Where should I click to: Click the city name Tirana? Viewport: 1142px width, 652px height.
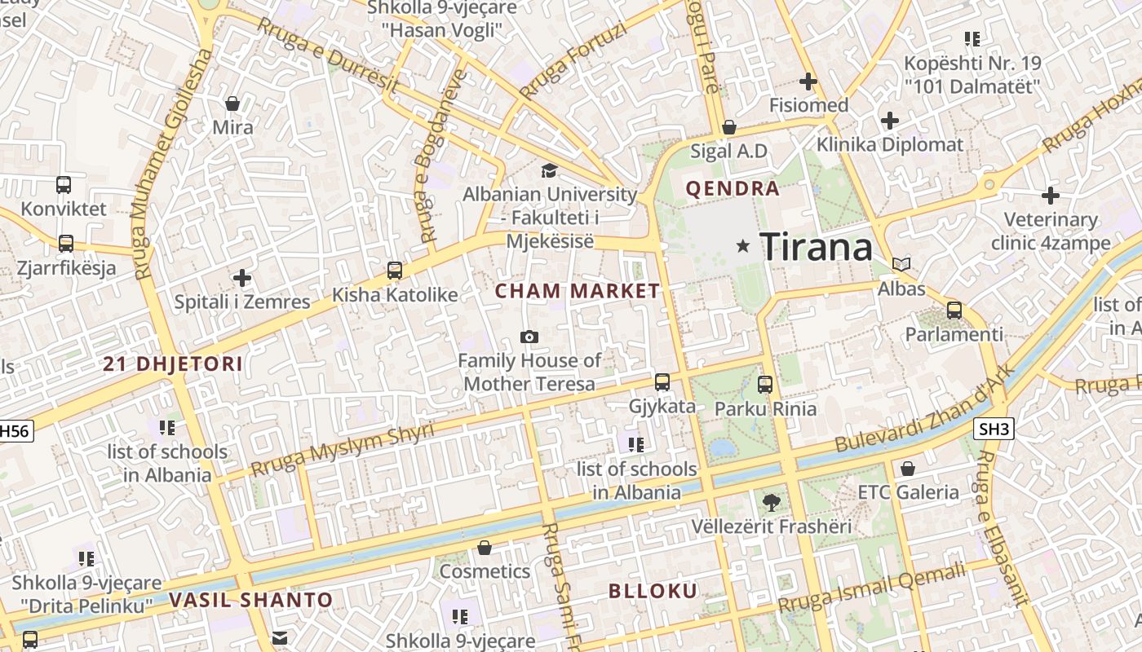coord(816,246)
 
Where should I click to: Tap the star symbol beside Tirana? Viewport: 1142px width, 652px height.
coord(742,245)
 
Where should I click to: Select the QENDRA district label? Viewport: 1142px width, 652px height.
coord(733,189)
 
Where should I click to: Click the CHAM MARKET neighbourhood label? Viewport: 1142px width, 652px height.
coord(577,291)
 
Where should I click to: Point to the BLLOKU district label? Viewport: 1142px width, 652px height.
coord(653,592)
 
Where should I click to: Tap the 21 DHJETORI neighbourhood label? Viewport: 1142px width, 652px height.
coord(173,364)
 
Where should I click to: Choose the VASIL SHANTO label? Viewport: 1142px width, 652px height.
coord(251,601)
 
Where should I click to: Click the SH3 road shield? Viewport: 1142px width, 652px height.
coord(994,429)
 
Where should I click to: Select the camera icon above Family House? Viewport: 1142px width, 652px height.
coord(529,337)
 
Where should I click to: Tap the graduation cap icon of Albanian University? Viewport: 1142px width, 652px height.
coord(549,170)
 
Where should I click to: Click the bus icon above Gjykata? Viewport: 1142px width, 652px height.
coord(662,381)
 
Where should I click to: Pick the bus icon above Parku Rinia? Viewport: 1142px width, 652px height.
coord(764,385)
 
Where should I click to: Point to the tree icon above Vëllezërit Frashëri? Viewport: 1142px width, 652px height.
coord(770,502)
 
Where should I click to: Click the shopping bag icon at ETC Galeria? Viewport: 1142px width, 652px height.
coord(907,469)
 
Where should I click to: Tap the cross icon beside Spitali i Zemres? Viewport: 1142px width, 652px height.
coord(242,277)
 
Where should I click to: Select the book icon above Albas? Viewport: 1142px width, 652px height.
coord(901,264)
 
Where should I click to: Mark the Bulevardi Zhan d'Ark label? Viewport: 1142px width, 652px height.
coord(925,407)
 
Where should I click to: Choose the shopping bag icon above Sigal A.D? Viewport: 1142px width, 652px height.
coord(728,127)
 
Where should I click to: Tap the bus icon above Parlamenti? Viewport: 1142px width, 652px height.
coord(954,311)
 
